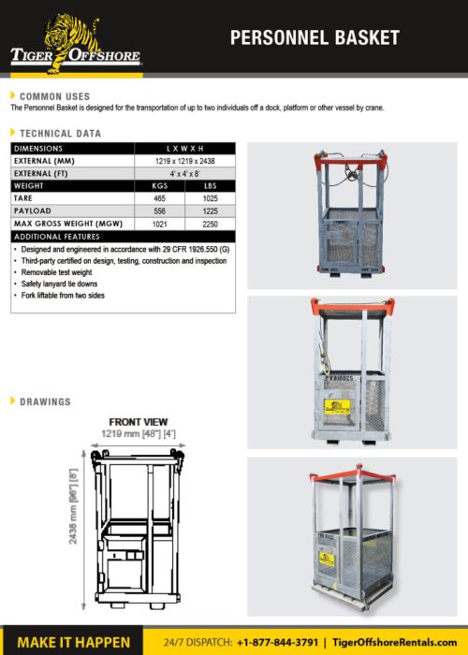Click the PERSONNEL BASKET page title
coord(314,38)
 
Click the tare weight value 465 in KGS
coord(159,198)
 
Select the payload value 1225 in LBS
coord(210,211)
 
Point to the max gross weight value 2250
coord(210,225)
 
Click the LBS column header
coord(210,186)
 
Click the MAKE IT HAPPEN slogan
coord(74,641)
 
